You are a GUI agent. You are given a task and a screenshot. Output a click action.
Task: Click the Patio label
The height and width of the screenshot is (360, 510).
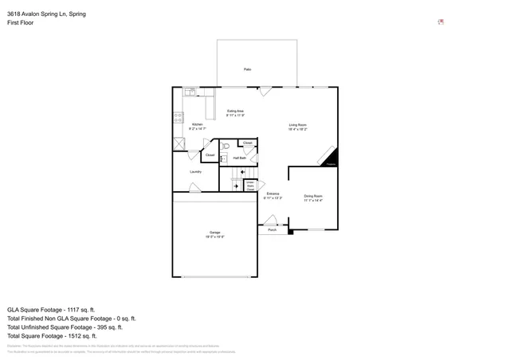[248, 70]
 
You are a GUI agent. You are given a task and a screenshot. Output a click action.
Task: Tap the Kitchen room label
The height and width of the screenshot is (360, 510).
[197, 126]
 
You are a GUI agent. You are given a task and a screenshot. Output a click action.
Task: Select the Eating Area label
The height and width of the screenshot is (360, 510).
[235, 113]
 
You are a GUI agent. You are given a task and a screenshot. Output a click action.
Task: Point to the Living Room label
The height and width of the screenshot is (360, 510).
[298, 126]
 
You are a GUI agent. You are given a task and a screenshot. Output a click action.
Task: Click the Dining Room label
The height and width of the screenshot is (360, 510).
[312, 198]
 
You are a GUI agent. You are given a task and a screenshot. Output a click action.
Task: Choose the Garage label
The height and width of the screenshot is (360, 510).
[215, 234]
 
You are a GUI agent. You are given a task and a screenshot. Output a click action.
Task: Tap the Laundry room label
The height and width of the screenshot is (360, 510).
[195, 171]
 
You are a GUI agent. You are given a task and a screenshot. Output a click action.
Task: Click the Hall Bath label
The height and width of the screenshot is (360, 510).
[239, 158]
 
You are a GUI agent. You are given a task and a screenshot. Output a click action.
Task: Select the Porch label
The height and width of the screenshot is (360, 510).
[272, 229]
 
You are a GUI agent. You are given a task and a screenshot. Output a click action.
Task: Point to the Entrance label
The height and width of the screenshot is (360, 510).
[273, 196]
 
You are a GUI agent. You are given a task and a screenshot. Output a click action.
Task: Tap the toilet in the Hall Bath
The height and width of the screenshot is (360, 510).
[226, 147]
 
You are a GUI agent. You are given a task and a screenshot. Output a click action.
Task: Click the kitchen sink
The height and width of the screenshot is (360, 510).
[190, 92]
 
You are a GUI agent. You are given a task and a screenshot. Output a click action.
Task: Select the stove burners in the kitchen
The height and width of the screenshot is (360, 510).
[178, 117]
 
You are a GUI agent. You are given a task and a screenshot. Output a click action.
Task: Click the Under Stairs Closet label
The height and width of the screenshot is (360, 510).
[250, 186]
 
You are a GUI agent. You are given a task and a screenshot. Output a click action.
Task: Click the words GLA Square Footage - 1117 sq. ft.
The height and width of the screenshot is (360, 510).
[51, 309]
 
